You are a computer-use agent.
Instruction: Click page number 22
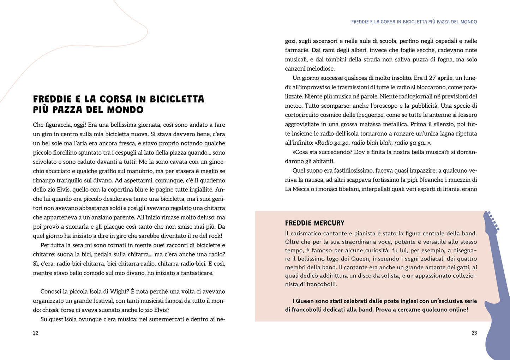(x=36, y=333)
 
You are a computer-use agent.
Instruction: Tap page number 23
(x=474, y=333)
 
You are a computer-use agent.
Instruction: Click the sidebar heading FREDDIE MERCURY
(x=314, y=223)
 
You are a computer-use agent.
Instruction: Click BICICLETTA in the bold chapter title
(x=177, y=99)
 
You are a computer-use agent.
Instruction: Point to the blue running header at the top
(x=414, y=22)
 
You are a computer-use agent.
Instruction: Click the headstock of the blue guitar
(x=491, y=221)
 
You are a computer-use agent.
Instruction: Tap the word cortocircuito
(x=303, y=115)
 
